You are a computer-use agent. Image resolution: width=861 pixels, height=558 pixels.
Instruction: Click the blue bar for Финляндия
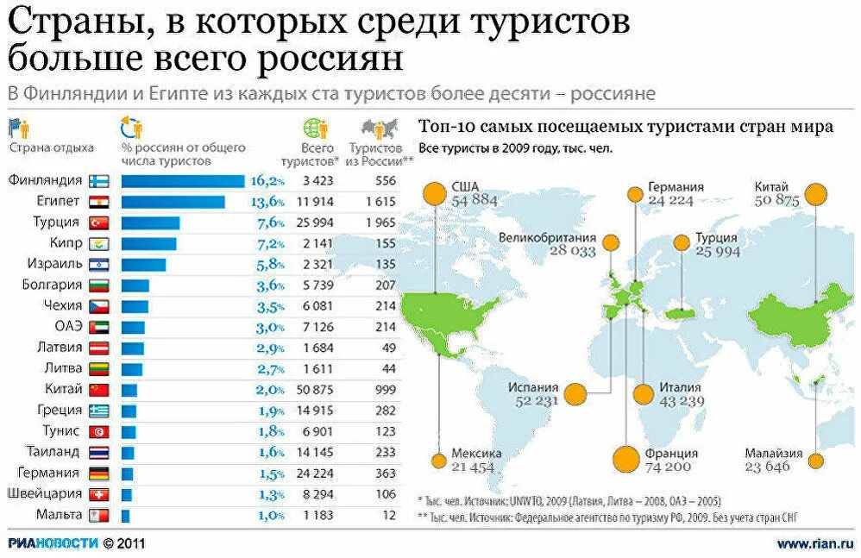point(182,181)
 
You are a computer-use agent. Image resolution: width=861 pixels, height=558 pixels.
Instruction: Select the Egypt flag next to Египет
point(97,202)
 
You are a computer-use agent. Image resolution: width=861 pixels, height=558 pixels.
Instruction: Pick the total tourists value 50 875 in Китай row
point(317,390)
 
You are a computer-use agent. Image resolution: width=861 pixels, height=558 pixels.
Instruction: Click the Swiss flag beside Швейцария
point(97,494)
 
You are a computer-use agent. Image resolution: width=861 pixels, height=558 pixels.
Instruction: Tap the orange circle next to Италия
point(644,395)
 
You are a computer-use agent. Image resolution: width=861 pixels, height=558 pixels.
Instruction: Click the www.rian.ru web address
point(814,543)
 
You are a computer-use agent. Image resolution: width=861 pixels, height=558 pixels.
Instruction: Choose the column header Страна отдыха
point(51,147)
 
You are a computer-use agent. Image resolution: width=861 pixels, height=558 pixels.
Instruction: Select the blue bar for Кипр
point(148,244)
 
